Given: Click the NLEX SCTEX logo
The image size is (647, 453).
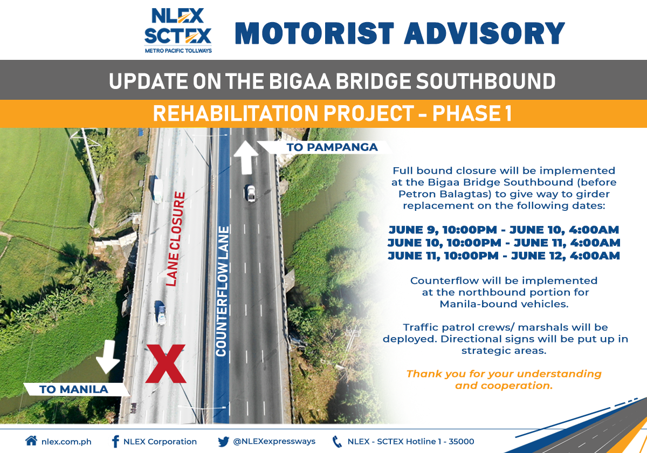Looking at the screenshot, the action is pyautogui.click(x=178, y=30).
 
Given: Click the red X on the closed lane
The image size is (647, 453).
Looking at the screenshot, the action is pyautogui.click(x=166, y=363).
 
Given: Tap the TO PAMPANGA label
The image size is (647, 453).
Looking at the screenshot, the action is pyautogui.click(x=332, y=147).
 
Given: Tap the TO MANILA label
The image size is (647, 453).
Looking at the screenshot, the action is pyautogui.click(x=74, y=389).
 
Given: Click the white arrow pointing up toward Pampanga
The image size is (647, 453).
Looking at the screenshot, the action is pyautogui.click(x=245, y=157).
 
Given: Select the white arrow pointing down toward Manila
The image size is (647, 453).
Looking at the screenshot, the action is pyautogui.click(x=108, y=357).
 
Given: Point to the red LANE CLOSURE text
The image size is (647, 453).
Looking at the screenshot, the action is pyautogui.click(x=175, y=239).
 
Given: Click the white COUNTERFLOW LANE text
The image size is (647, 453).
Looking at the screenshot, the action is pyautogui.click(x=222, y=291).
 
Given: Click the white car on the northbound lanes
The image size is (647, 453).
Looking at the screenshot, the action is pyautogui.click(x=251, y=193).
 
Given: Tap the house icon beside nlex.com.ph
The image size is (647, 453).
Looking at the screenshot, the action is pyautogui.click(x=31, y=441).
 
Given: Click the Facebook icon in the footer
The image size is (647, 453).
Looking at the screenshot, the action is pyautogui.click(x=115, y=442).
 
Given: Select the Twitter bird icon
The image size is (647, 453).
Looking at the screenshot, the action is pyautogui.click(x=224, y=442).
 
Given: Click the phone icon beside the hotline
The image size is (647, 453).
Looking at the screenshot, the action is pyautogui.click(x=337, y=442).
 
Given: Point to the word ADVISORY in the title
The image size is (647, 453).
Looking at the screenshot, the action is pyautogui.click(x=484, y=33).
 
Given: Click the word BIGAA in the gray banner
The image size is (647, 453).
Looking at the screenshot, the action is pyautogui.click(x=300, y=81).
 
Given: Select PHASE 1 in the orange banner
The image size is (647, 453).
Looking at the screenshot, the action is pyautogui.click(x=472, y=113).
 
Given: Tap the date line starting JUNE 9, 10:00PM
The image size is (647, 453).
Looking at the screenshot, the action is pyautogui.click(x=504, y=230).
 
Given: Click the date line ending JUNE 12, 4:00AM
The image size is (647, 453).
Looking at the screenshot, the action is pyautogui.click(x=504, y=256).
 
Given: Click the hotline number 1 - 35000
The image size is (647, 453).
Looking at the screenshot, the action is pyautogui.click(x=456, y=442).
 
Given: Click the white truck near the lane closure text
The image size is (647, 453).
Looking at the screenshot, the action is pyautogui.click(x=158, y=191).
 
